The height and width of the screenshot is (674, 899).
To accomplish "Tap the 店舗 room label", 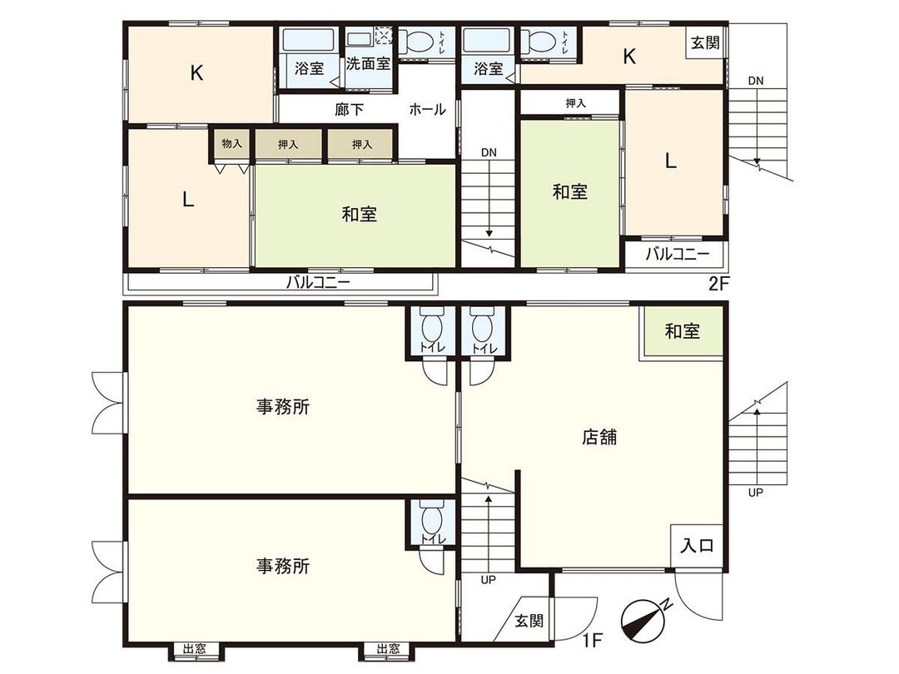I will [599, 436].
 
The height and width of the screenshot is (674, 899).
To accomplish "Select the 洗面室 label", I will [368, 63].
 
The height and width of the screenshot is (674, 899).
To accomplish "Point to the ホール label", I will [427, 109].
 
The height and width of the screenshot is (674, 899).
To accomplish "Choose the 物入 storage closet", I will [231, 144].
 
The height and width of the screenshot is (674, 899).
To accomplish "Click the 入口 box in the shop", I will [697, 547].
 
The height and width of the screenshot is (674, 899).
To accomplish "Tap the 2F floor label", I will [718, 283].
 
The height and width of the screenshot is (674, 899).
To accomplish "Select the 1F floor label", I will [593, 641].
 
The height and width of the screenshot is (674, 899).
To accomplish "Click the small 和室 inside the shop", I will [682, 331].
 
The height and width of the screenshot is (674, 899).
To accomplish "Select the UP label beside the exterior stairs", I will [755, 492].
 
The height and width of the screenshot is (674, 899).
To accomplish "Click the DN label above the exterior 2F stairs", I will [755, 81].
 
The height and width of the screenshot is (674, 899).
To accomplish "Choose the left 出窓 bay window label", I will [195, 649].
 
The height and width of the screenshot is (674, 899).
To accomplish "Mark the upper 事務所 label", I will [283, 407].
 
